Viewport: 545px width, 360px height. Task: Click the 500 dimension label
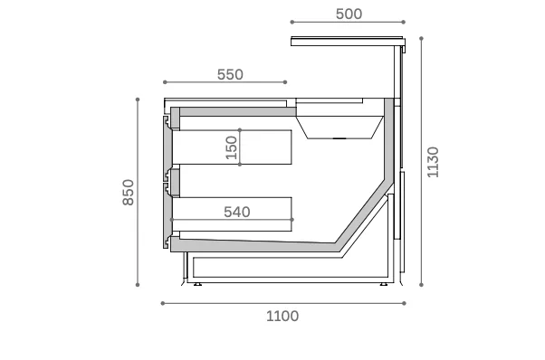coord(349,14)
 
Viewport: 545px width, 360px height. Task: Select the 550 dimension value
coord(230,74)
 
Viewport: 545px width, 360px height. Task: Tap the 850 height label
coord(129,193)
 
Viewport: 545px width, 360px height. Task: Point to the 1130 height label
coord(433,162)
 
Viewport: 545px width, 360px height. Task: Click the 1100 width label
coord(282,317)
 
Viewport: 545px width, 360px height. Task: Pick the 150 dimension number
coord(231,147)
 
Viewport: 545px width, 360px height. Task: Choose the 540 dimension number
coord(237,212)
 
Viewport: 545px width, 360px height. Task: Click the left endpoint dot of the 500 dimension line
coord(292,22)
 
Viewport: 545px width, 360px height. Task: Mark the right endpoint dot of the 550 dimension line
coord(285,82)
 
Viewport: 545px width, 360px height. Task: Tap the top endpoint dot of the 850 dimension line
coord(138,99)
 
